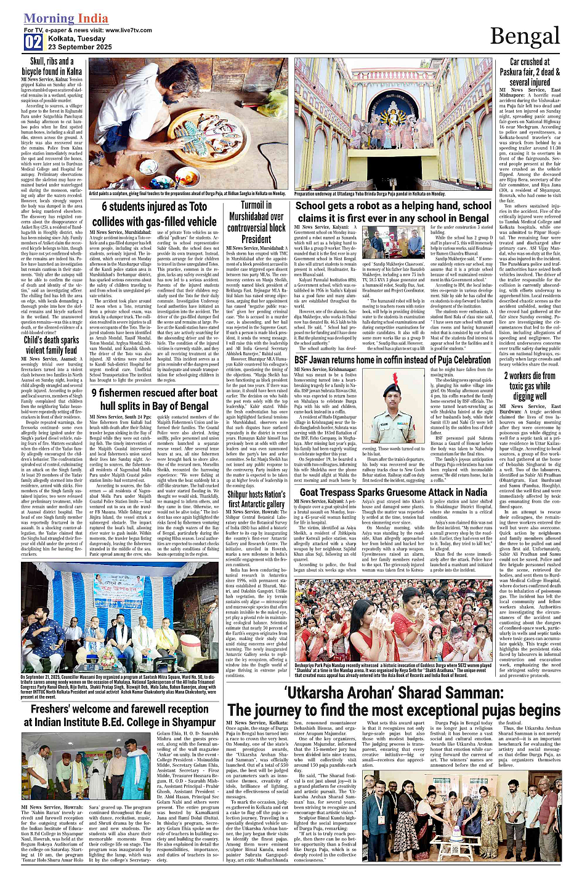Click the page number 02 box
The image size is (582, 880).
(33, 42)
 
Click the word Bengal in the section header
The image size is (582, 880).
(524, 36)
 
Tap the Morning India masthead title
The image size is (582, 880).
(67, 19)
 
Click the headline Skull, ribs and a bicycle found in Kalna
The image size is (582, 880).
(52, 66)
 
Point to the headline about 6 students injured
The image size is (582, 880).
(155, 214)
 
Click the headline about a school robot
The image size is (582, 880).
(393, 212)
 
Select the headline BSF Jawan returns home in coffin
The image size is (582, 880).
(392, 359)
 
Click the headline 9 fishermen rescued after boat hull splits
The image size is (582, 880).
(155, 399)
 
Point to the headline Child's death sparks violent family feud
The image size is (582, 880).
(52, 345)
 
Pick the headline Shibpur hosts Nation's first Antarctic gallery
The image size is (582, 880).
(256, 499)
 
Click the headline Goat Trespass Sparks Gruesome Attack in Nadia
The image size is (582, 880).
(393, 492)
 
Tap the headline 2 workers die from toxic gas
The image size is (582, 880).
(530, 386)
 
